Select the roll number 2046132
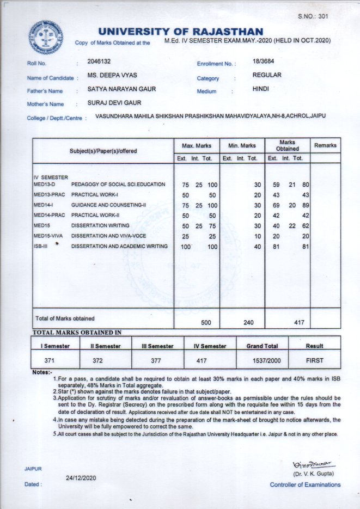[x=99, y=62]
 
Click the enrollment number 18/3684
[x=264, y=63]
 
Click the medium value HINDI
[x=261, y=88]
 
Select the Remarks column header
[x=325, y=145]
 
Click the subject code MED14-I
[x=43, y=205]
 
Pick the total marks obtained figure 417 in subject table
[x=298, y=322]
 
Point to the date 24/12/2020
[x=81, y=477]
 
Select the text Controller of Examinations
[x=306, y=485]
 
